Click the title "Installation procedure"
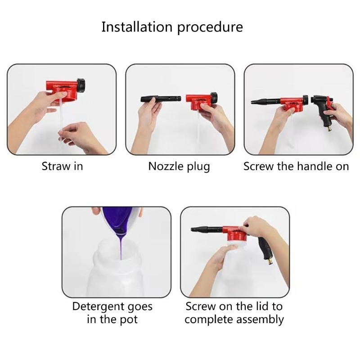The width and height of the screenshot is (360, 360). (172, 27)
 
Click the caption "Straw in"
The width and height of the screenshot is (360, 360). (62, 166)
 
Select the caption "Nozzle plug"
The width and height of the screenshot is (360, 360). (179, 166)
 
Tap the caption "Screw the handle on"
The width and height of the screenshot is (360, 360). (296, 166)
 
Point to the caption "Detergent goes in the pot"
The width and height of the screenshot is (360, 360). (112, 313)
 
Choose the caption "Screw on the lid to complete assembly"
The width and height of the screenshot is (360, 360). (234, 313)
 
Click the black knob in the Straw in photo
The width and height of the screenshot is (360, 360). (81, 84)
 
